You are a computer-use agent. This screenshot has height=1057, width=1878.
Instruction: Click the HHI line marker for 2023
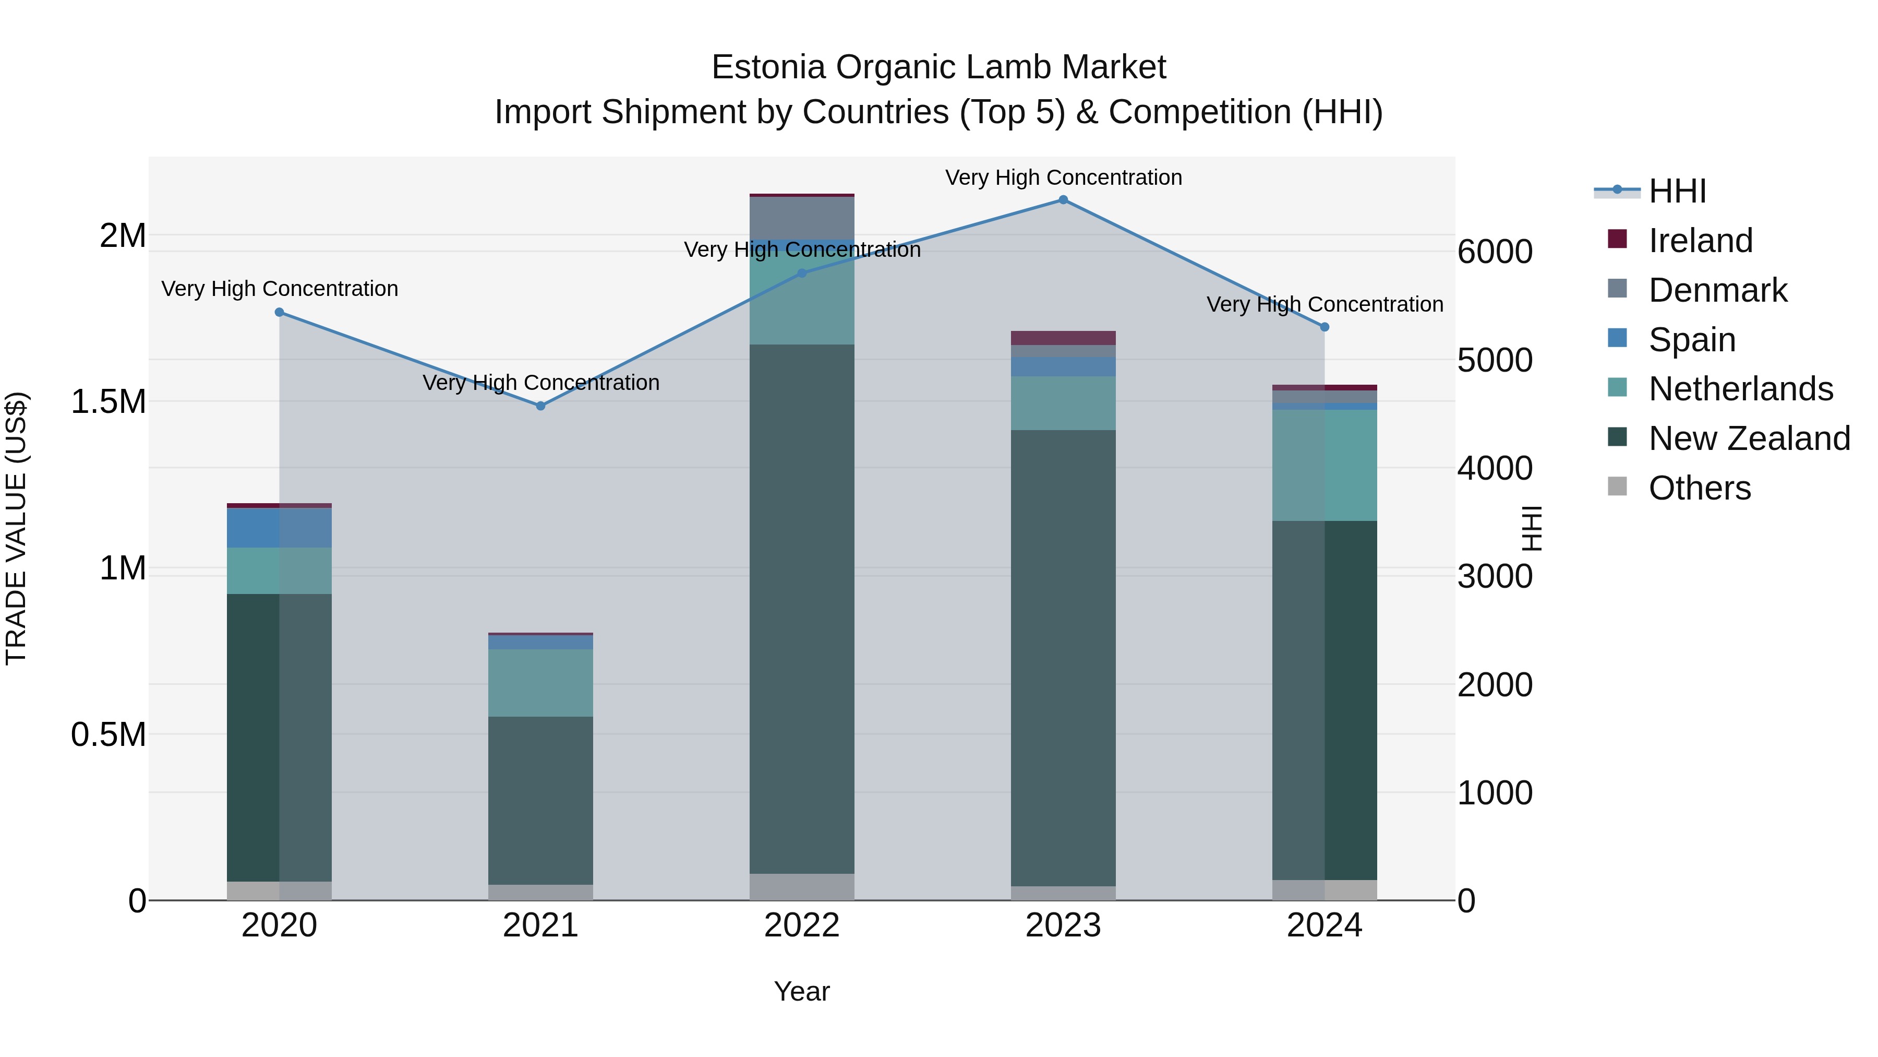click(1063, 200)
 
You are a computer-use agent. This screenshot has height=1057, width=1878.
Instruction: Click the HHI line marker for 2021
click(541, 406)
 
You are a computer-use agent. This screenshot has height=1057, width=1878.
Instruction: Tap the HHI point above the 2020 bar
click(279, 312)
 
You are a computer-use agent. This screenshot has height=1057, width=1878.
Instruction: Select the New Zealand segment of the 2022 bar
click(802, 609)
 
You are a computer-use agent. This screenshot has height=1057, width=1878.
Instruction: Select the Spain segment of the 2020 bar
click(279, 527)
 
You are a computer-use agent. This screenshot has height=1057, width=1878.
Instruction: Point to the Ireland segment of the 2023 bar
click(1063, 338)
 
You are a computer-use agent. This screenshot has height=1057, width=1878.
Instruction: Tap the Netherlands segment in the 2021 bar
click(541, 682)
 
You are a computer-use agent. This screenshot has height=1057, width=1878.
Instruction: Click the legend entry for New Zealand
click(1749, 438)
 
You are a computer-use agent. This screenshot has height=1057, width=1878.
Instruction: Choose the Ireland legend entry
click(1700, 241)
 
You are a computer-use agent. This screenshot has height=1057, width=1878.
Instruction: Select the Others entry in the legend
click(1700, 488)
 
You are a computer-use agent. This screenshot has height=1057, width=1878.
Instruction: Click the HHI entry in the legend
click(1677, 191)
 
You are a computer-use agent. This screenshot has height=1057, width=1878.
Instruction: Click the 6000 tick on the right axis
click(1495, 253)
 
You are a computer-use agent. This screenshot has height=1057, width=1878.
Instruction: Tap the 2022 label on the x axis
click(802, 925)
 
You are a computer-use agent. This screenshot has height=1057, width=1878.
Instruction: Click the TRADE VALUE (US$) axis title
click(16, 528)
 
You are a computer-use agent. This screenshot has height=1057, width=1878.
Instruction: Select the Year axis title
click(802, 991)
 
